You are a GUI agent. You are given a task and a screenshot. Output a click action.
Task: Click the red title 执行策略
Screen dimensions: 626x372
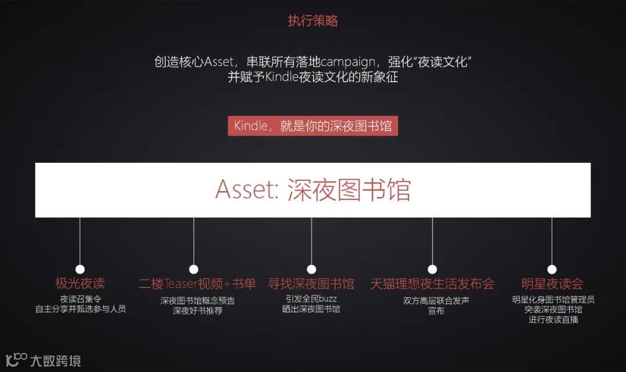point(312,21)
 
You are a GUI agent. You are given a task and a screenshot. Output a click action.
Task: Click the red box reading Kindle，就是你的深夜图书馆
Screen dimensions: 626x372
point(312,126)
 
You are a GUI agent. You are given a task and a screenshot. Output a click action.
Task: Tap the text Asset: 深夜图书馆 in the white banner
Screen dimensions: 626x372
point(312,190)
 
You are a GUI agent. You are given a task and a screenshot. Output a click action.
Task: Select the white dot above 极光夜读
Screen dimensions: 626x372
point(80,269)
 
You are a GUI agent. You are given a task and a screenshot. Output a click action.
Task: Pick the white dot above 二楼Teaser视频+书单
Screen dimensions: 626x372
point(194,269)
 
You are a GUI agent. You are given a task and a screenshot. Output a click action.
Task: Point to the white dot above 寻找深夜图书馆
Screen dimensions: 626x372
point(311,269)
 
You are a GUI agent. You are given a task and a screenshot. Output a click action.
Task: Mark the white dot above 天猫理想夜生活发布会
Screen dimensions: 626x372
point(432,269)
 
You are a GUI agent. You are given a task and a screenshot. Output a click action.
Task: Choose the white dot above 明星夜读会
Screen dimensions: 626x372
point(552,269)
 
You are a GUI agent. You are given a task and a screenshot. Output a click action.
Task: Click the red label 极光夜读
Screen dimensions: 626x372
point(80,284)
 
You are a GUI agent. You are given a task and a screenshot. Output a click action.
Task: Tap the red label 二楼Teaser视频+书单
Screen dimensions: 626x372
point(197,284)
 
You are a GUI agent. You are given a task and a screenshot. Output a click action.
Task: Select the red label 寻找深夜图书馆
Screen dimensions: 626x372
point(311,284)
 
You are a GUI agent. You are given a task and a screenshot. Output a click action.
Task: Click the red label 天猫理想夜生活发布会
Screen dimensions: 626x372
point(432,284)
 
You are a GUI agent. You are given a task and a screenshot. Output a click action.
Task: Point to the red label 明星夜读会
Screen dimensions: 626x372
point(552,284)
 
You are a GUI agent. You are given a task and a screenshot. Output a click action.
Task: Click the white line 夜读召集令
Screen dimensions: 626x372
point(81,299)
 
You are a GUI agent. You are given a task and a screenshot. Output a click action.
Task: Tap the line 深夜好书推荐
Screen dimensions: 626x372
point(197,311)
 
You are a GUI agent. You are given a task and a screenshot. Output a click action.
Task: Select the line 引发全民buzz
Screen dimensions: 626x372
point(311,299)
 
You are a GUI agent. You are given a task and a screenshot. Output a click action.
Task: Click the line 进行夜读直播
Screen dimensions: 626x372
point(553,319)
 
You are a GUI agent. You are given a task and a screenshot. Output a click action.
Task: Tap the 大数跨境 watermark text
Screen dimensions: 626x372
point(56,361)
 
